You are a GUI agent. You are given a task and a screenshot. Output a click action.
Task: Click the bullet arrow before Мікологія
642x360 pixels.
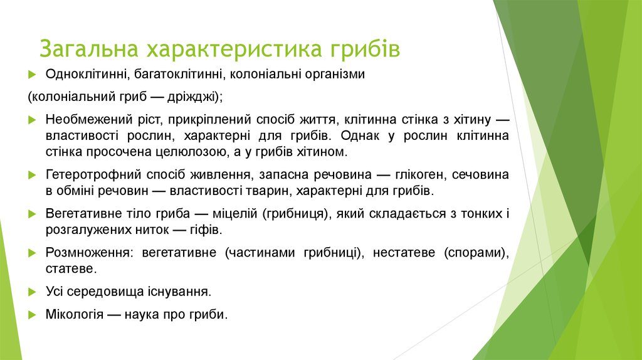[33, 315]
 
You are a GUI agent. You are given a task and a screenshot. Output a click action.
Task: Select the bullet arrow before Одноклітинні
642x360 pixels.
[33, 75]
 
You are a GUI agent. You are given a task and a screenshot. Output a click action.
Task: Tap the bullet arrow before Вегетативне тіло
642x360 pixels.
[33, 214]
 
